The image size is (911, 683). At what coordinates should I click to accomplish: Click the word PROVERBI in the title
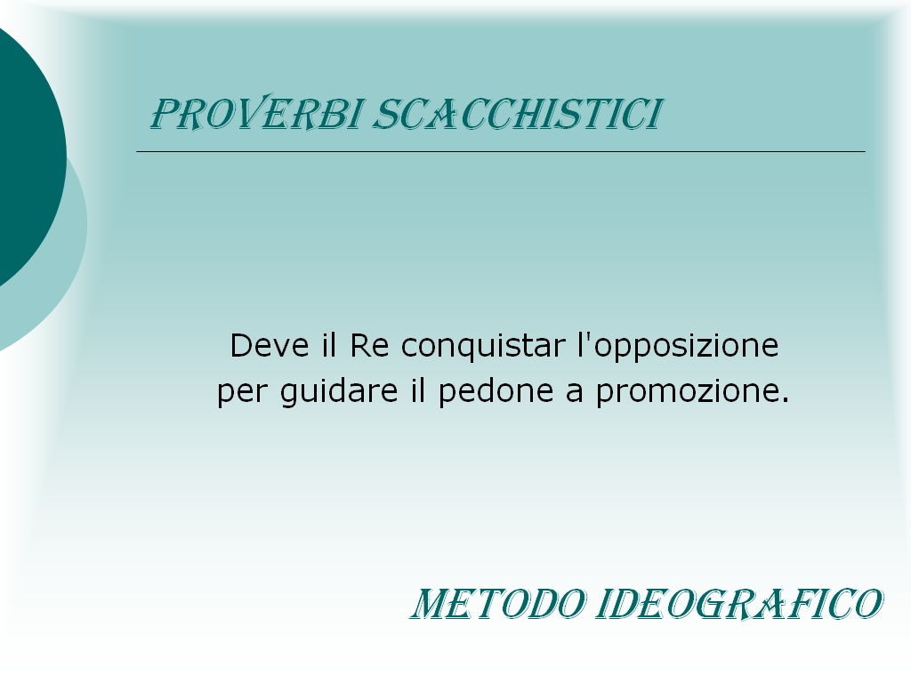point(257,113)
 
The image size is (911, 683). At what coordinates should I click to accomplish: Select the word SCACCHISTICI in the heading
point(517,113)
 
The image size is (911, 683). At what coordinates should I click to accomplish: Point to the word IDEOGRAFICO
point(739,604)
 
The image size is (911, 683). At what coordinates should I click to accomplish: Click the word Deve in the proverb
point(270,346)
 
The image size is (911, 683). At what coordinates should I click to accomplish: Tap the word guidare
point(339,392)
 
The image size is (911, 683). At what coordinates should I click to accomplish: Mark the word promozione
point(687,392)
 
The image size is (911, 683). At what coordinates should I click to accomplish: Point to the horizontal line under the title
point(501,151)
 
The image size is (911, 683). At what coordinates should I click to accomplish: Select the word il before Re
point(329,346)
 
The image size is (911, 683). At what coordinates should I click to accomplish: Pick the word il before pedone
point(418,391)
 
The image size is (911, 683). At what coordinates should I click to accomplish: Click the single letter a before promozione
point(574,395)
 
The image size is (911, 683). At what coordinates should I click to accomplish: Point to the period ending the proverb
point(786,401)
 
